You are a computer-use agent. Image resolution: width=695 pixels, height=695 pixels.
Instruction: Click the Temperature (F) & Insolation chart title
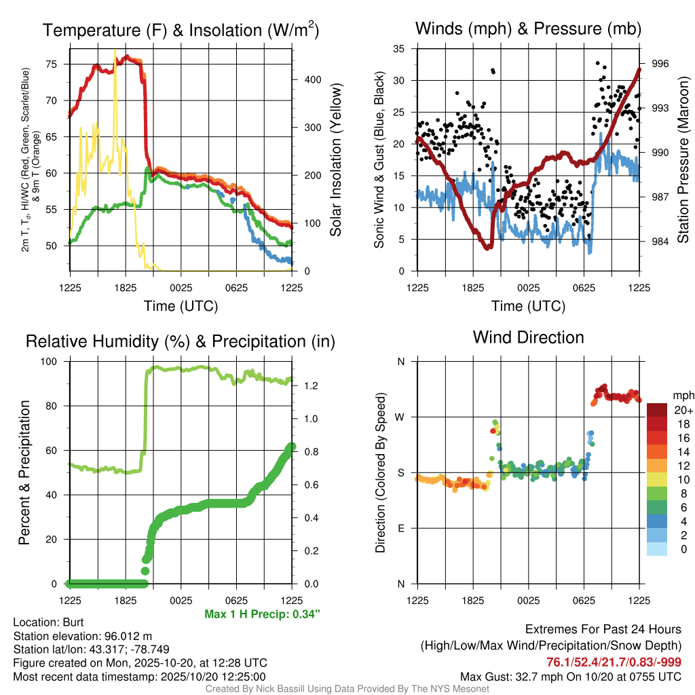coord(181,31)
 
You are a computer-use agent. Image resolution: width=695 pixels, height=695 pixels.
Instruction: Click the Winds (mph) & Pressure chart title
coord(528,29)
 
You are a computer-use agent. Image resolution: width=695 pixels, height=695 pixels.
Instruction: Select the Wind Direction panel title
coord(528,337)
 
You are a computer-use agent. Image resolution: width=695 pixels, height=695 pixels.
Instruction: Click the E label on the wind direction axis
coord(400,528)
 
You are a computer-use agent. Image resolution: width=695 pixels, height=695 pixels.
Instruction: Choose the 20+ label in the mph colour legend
coord(682,410)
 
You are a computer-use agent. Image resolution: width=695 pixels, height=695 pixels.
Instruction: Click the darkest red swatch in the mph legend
coord(657,410)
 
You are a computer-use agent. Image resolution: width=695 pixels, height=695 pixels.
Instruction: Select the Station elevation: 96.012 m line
coord(79,636)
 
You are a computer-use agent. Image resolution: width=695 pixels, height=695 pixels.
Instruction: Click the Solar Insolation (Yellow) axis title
coord(335,160)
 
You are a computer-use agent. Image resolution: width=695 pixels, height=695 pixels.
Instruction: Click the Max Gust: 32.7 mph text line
coord(570,676)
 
